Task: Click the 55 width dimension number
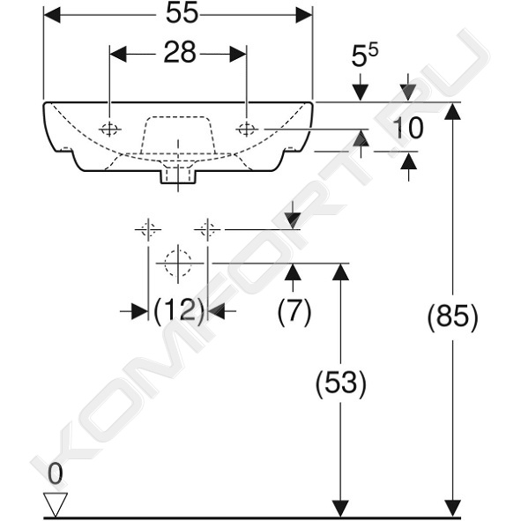point(182,14)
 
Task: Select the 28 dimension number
point(180,53)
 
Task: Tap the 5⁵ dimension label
point(365,55)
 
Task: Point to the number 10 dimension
point(408,128)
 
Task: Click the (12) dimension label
point(178,311)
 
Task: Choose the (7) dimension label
point(294,311)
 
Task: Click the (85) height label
point(452,316)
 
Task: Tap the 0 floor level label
point(56,473)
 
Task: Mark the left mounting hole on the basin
point(109,129)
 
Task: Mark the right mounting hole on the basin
point(247,129)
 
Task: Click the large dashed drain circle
point(178,264)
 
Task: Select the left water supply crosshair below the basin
point(148,229)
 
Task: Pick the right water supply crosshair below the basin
point(208,229)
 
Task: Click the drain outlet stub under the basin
point(178,177)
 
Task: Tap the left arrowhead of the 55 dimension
point(52,15)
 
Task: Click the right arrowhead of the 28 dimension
point(238,54)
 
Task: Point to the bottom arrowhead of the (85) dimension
point(452,508)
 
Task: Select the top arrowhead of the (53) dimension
point(340,272)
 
